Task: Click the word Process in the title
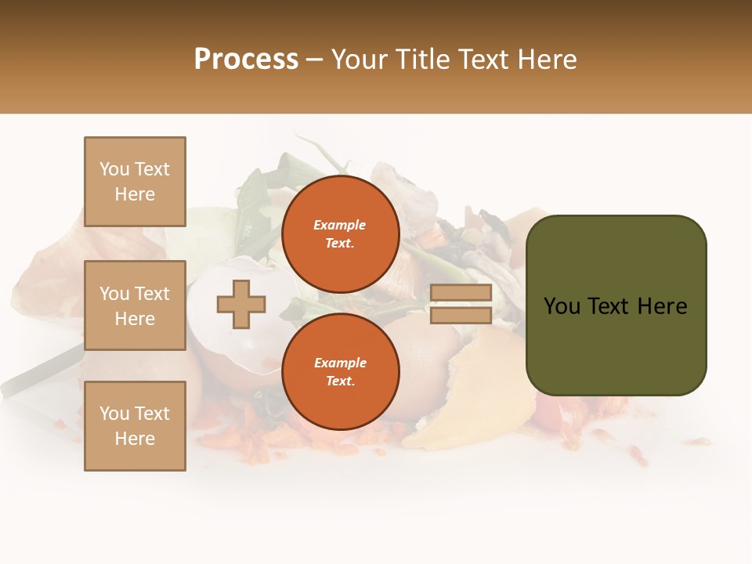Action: click(246, 60)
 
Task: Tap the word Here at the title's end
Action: click(544, 60)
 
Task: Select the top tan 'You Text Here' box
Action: click(135, 182)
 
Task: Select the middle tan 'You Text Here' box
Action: click(135, 305)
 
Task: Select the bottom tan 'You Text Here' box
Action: click(135, 426)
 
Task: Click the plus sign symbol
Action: click(241, 304)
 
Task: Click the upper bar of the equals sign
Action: click(461, 293)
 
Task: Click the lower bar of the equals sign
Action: click(461, 316)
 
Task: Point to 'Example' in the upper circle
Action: click(340, 226)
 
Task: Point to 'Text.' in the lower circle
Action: click(340, 381)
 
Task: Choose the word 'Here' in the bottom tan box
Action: click(135, 439)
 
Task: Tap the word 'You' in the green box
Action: click(562, 306)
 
